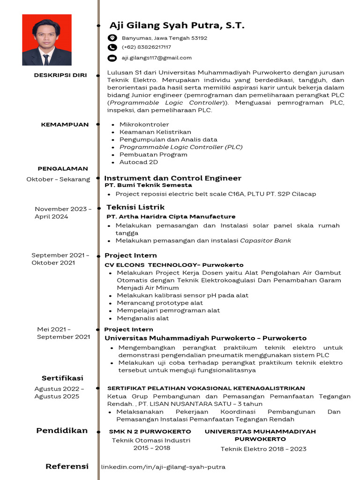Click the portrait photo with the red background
(x=47, y=40)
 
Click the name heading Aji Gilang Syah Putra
(x=177, y=25)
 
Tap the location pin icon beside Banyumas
(x=112, y=38)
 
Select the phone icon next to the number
(x=112, y=47)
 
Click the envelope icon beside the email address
(x=112, y=58)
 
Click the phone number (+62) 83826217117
(x=146, y=47)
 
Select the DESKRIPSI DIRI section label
(x=60, y=75)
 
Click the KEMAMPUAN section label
(x=65, y=125)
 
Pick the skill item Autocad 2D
(x=138, y=162)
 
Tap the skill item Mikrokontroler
(x=144, y=125)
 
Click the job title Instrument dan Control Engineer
(x=172, y=178)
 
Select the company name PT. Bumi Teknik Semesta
(x=148, y=186)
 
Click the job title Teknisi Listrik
(x=135, y=207)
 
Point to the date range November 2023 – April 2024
(x=63, y=213)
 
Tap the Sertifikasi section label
(x=62, y=378)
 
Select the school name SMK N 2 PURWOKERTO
(x=150, y=431)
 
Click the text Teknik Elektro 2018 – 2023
(x=263, y=449)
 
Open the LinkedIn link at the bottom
(x=163, y=467)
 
